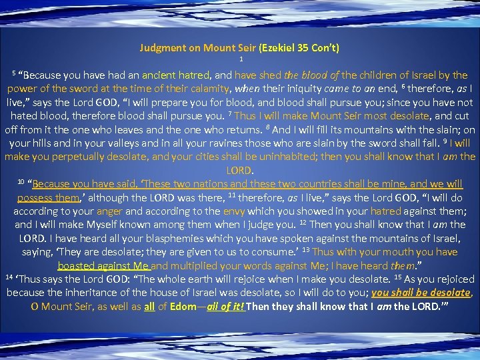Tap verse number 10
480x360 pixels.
coord(20,181)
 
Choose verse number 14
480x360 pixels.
coord(8,276)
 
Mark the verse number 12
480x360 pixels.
coord(302,223)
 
